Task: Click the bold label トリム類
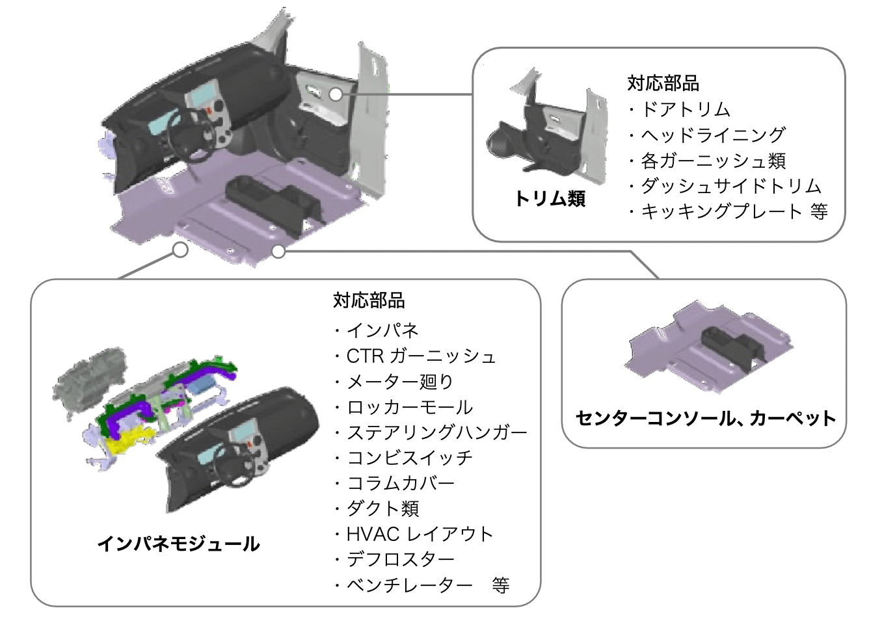coord(550,198)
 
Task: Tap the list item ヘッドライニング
coord(713,135)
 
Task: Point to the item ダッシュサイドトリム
coord(730,186)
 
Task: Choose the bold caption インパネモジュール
coord(178,544)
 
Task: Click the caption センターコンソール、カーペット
coord(705,418)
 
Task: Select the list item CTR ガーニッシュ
coord(421,356)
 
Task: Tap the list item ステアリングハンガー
coord(436,432)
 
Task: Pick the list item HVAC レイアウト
coord(420,534)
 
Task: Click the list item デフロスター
coord(400,560)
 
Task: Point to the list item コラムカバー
coord(400,483)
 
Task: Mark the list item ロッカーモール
coord(409,407)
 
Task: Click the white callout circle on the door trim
coord(336,94)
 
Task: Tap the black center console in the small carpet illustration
coord(732,344)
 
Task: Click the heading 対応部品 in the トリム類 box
coord(663,83)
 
